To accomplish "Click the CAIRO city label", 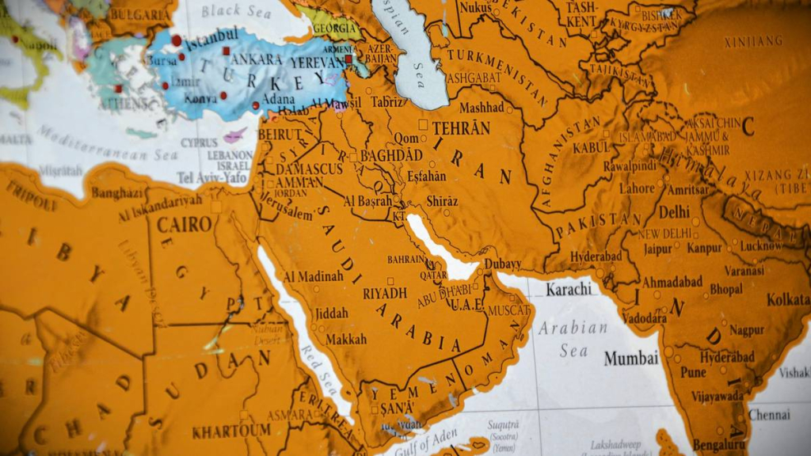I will tap(184, 224).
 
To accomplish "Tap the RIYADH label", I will tap(385, 293).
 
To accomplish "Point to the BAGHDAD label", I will tap(391, 156).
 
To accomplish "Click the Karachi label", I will tap(568, 289).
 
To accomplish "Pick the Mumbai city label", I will tap(631, 358).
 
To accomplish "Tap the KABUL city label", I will tap(591, 147).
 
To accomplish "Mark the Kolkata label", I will tap(788, 299).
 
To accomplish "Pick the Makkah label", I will tap(346, 339).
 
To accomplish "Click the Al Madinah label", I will tap(313, 276).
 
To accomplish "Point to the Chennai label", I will tap(769, 415).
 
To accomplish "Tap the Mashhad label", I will tap(481, 107).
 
